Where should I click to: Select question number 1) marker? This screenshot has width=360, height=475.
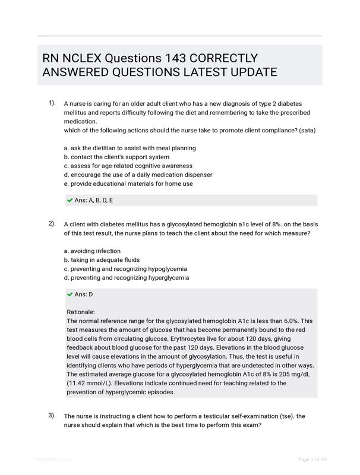52,103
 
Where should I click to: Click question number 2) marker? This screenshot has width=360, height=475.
52,224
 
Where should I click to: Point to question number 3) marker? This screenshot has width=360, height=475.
52,416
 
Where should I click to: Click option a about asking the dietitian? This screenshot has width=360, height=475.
130,148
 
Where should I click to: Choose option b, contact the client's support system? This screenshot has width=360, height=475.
116,157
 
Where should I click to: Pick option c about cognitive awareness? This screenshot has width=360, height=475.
128,166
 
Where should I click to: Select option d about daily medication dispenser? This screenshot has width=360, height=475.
137,175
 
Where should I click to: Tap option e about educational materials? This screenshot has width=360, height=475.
128,183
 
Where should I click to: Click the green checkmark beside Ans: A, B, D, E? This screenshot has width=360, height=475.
70,200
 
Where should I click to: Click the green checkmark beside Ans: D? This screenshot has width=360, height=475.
70,294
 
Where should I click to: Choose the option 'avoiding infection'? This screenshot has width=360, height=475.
92,251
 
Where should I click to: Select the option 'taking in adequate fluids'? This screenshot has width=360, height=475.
102,259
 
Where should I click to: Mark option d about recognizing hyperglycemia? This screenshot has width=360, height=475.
126,277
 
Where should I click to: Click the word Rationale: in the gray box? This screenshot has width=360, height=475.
81,312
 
